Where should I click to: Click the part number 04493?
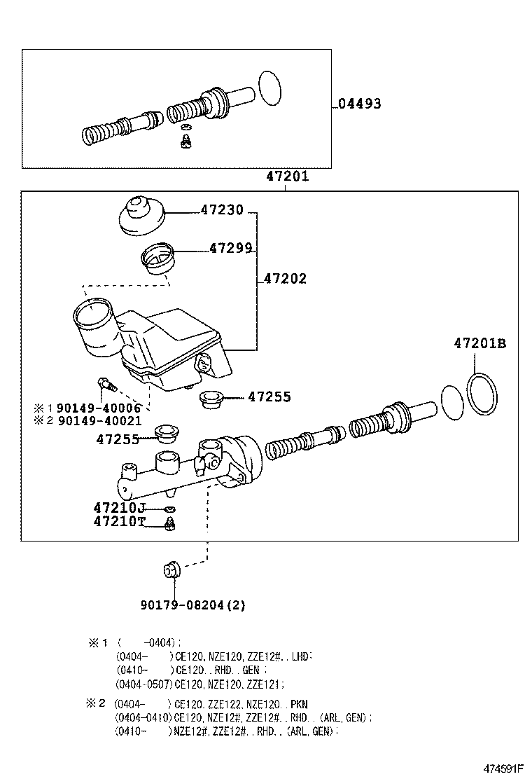tap(359, 104)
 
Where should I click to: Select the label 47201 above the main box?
tap(287, 177)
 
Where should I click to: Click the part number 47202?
tap(285, 279)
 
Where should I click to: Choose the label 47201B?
tap(479, 343)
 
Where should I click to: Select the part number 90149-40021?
tap(99, 421)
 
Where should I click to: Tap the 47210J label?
tap(118, 506)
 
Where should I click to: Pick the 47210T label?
tap(118, 521)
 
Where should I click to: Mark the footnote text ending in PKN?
tap(210, 704)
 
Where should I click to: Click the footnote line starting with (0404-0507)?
tap(200, 684)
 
